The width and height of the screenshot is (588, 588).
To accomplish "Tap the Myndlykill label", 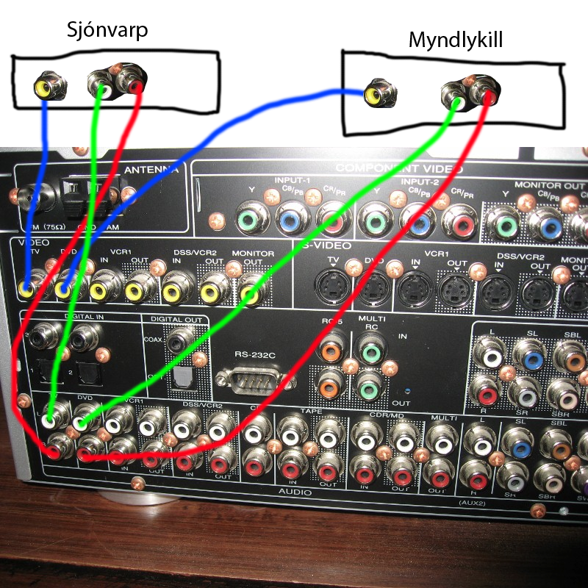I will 456,39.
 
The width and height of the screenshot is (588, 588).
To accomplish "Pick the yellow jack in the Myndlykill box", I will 375,95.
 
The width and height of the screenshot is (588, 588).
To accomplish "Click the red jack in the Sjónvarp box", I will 135,85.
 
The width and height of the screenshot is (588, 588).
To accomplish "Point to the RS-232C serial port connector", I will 256,379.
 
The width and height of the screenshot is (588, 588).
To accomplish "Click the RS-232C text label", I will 254,355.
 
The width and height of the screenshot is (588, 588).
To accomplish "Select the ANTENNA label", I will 151,171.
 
